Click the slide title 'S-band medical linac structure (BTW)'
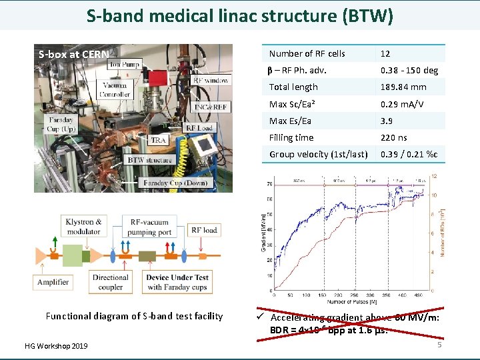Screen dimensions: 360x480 click(240, 15)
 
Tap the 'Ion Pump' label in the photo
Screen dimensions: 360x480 click(125, 65)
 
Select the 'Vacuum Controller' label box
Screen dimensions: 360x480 click(115, 89)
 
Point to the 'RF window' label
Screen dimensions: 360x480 click(211, 80)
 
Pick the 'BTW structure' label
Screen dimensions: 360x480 click(150, 160)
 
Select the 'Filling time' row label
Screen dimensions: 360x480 click(291, 138)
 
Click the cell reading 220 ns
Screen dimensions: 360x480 click(393, 138)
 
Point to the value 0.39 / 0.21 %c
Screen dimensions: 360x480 click(409, 155)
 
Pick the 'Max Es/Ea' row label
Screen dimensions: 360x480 click(290, 121)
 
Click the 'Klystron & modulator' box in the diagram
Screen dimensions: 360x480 click(85, 227)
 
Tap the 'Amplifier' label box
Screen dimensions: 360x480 click(53, 282)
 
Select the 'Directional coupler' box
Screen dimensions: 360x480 click(111, 282)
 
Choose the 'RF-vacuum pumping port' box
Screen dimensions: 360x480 click(151, 227)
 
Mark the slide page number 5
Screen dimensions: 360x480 click(439, 345)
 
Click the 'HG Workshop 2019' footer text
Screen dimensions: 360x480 click(56, 345)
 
